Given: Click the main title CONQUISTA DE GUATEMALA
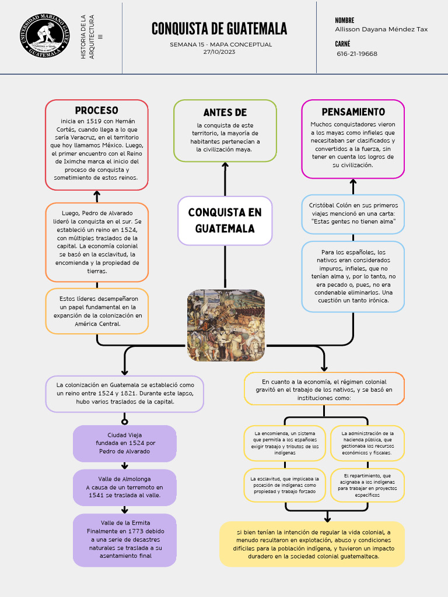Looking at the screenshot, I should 219,29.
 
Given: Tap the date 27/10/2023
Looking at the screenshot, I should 219,52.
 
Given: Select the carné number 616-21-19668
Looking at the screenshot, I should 357,54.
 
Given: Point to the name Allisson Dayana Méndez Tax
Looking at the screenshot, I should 381,29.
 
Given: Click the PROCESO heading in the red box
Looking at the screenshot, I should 97,111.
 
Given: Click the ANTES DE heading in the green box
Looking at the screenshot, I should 225,113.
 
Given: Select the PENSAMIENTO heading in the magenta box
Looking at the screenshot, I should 353,112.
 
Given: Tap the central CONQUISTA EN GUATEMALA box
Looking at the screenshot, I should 225,220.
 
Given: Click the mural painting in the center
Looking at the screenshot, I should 226,325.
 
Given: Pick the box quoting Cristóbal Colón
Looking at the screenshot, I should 353,213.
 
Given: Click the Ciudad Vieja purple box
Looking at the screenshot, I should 124,443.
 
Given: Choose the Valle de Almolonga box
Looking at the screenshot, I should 124,487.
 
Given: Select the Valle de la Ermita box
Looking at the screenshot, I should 124,540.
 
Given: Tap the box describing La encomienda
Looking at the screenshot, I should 285,443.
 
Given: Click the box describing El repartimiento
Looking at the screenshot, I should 367,485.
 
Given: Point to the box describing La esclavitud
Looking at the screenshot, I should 285,485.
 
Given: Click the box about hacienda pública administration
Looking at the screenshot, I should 367,443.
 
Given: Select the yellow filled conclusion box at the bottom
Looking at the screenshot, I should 312,544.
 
